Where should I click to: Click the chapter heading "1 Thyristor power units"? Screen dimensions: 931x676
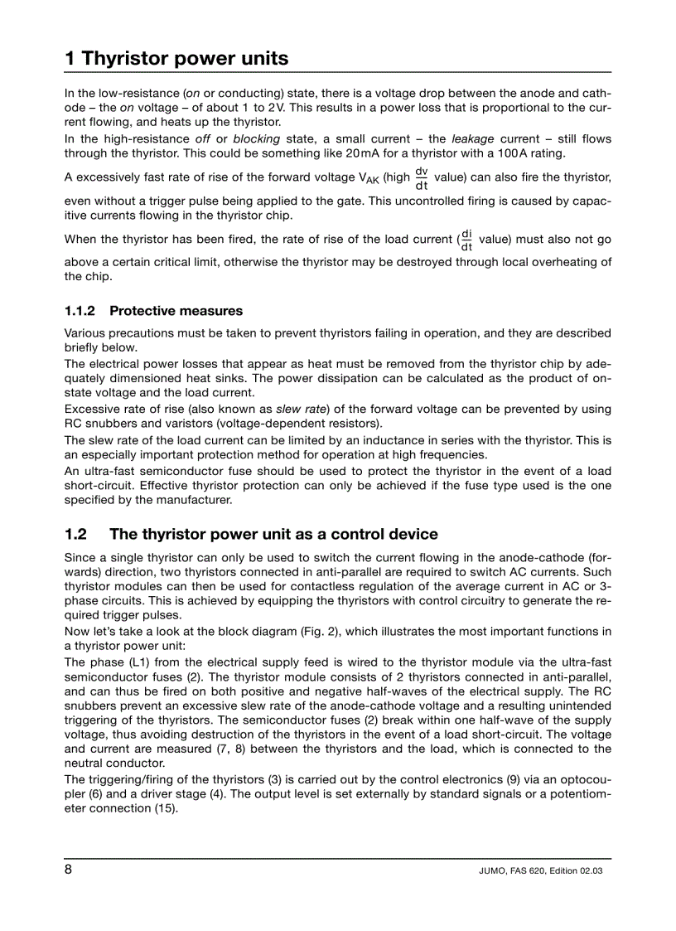tap(176, 58)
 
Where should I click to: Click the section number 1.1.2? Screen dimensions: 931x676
tap(80, 311)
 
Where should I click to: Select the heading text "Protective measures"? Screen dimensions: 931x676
tap(176, 311)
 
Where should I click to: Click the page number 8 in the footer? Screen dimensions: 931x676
tap(69, 870)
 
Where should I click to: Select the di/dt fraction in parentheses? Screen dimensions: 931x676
tap(466, 240)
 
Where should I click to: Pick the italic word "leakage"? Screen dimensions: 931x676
tap(472, 138)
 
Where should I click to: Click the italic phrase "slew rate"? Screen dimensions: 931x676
tap(302, 409)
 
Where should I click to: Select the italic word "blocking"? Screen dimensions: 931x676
tap(256, 138)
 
